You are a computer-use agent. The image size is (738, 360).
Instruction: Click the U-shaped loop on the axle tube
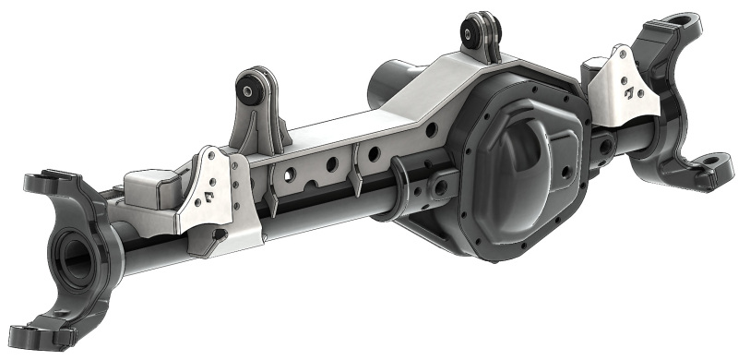point(402,175)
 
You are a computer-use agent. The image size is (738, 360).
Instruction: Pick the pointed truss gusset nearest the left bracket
point(272,204)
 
